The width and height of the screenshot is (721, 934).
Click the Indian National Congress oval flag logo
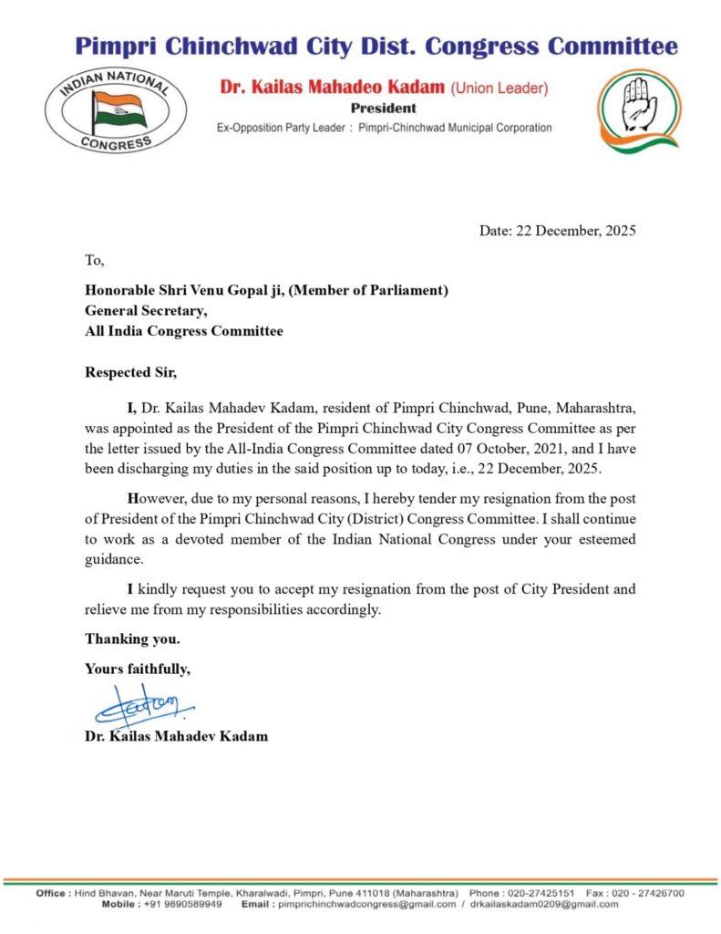(116, 109)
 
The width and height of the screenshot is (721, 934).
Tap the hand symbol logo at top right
(637, 107)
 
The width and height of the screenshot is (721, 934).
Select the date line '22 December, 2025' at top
(558, 231)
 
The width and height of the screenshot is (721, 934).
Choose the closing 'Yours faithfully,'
(138, 669)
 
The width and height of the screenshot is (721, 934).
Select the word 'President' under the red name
(383, 108)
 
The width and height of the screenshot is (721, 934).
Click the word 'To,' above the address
(95, 261)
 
